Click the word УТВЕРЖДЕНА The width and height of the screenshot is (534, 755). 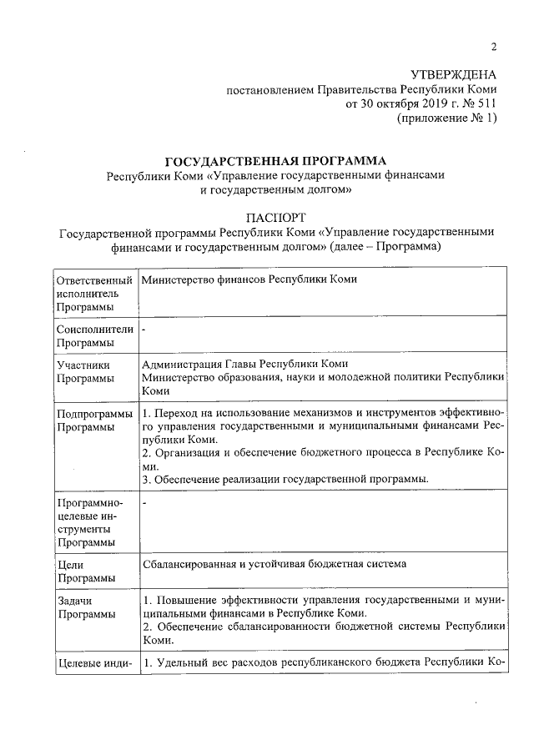pos(454,75)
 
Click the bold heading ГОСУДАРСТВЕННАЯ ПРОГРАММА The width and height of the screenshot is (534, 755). pos(276,160)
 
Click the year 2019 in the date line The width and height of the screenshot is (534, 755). pos(419,104)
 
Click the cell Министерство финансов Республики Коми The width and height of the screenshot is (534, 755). pos(249,279)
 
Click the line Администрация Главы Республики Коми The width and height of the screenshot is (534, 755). pos(244,364)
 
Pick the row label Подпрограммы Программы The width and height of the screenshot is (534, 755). pos(94,420)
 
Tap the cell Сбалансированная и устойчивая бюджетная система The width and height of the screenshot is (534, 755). pos(274,564)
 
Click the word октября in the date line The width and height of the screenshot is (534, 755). pos(381,104)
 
